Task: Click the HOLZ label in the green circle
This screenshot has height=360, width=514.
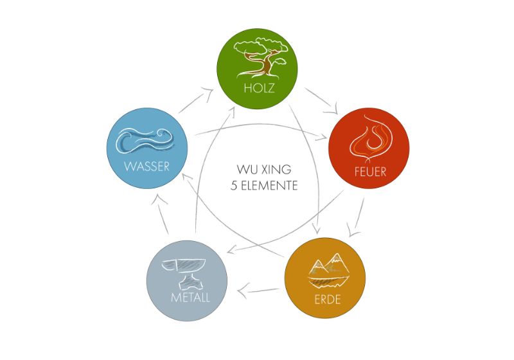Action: (x=259, y=88)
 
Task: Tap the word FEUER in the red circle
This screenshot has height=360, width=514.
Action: (x=369, y=172)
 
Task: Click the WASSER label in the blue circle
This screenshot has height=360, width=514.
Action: (x=146, y=166)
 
